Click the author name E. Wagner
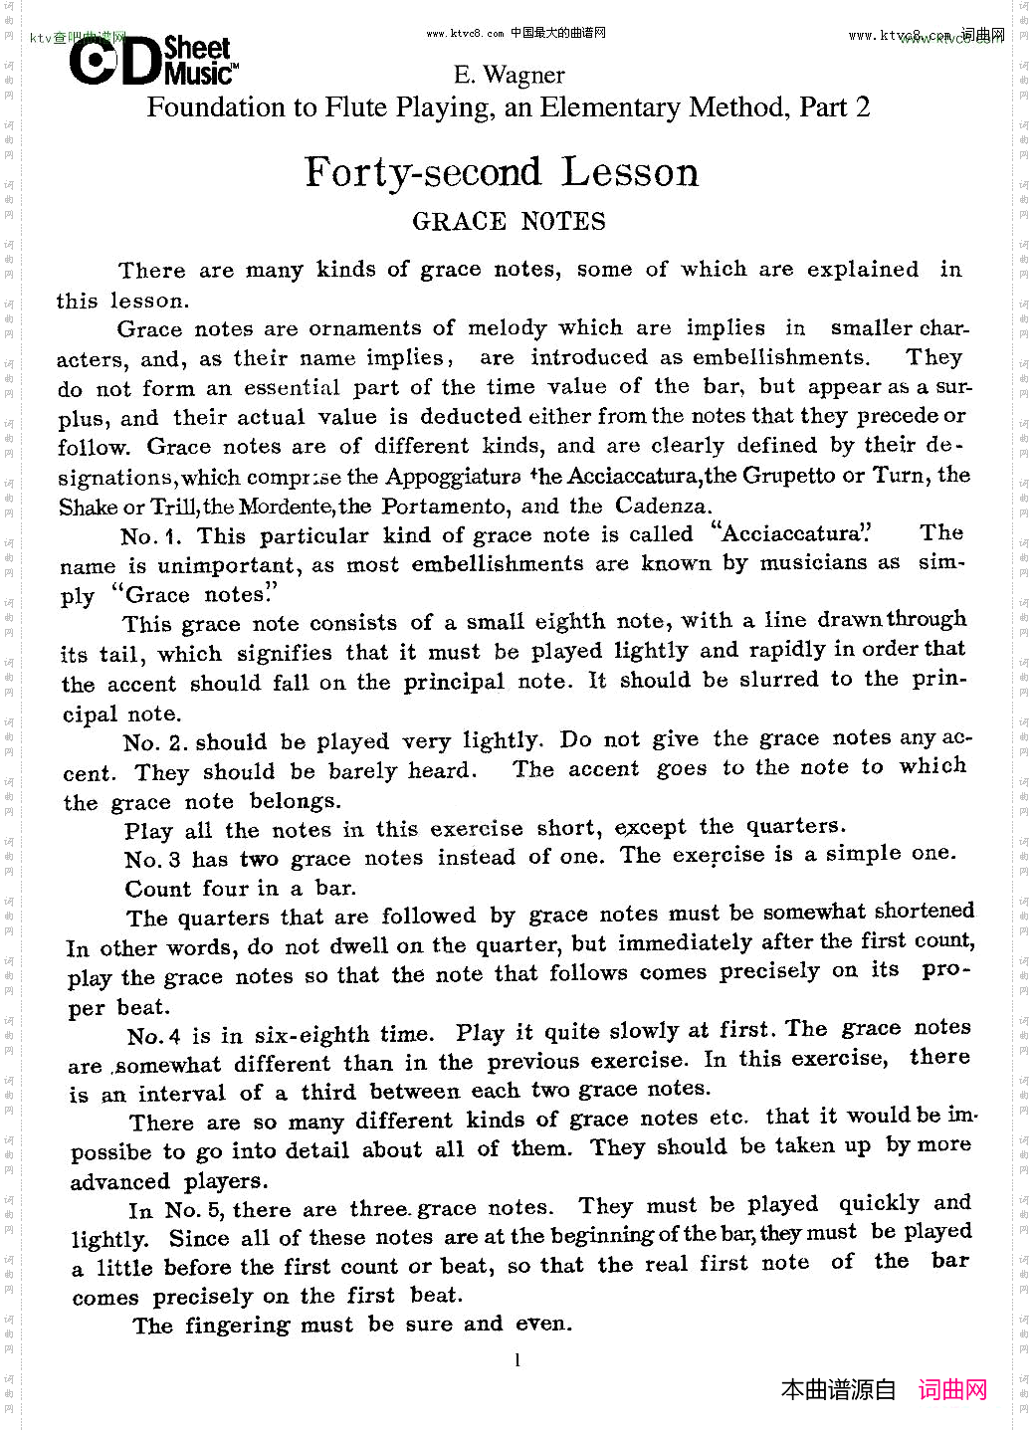(509, 76)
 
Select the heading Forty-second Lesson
(502, 172)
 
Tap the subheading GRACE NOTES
(509, 222)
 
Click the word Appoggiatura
(452, 477)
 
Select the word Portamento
(444, 507)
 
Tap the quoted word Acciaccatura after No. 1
(791, 534)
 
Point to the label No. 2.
(155, 743)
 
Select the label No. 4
(154, 1036)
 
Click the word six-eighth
(313, 1035)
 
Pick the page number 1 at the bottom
(517, 1360)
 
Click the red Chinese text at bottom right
(951, 1390)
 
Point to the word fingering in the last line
(236, 1326)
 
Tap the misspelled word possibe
(110, 1152)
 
